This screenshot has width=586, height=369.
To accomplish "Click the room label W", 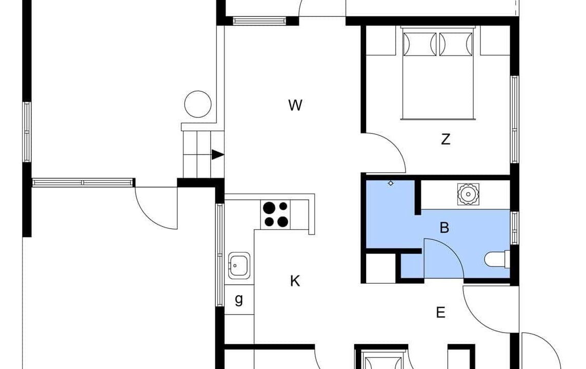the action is (x=295, y=106).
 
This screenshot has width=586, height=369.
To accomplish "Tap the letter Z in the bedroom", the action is (x=445, y=139).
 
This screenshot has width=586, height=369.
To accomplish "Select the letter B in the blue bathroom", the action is (x=444, y=228).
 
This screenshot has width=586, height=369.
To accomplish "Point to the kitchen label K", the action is (x=295, y=281).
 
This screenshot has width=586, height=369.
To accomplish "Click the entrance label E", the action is (x=440, y=312).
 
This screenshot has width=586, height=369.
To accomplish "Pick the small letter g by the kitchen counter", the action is (x=239, y=299).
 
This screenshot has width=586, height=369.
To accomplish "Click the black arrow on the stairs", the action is (x=217, y=155).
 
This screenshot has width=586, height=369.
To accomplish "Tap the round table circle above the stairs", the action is (x=198, y=104).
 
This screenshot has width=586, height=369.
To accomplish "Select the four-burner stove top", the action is (x=276, y=214).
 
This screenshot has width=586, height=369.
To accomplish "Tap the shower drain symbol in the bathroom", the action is (x=391, y=183).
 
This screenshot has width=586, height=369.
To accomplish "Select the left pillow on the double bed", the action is (x=420, y=45).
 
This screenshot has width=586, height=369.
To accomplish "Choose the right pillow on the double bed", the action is (x=456, y=45).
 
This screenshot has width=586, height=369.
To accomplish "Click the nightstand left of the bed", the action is (x=380, y=40).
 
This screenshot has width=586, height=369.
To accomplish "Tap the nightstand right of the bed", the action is (x=495, y=40).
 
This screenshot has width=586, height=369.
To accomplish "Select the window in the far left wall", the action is (x=27, y=132).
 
